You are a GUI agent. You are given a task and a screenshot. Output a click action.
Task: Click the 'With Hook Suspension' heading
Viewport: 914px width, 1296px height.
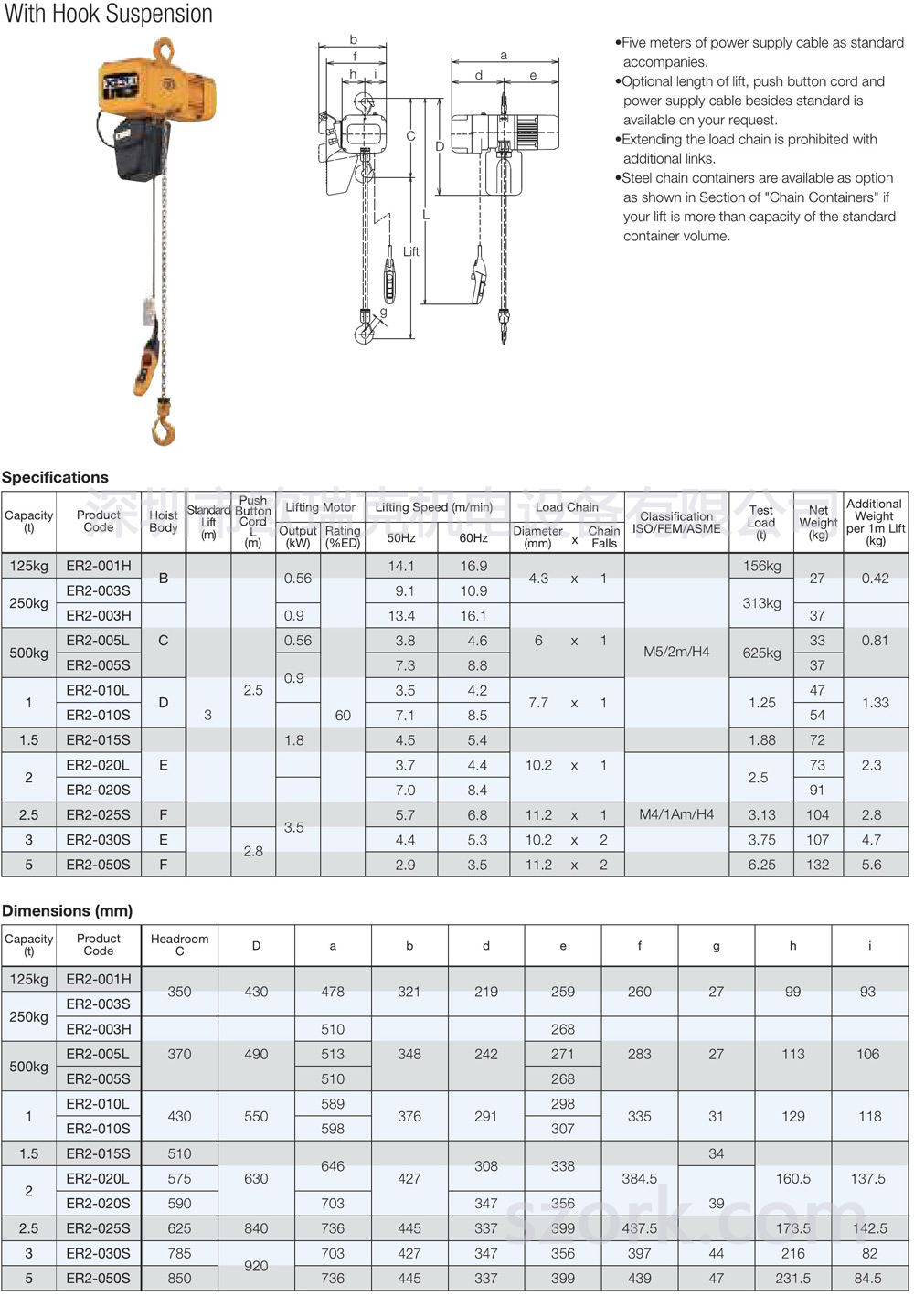click(x=109, y=15)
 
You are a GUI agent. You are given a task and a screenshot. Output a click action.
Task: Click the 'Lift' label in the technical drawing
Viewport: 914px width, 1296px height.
click(x=411, y=251)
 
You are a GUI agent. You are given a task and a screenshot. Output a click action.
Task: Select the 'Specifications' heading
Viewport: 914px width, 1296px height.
click(x=55, y=477)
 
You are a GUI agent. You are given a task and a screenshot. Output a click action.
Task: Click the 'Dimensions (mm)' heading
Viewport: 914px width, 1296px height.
click(x=67, y=910)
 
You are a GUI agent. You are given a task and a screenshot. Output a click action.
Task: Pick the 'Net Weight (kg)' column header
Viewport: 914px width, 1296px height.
click(x=818, y=523)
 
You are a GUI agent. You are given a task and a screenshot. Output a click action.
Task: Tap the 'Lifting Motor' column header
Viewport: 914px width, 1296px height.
click(x=320, y=507)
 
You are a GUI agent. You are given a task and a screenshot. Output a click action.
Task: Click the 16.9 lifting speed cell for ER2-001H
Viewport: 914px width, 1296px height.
click(x=473, y=566)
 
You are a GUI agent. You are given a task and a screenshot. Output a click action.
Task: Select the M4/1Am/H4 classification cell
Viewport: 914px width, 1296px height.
click(x=676, y=814)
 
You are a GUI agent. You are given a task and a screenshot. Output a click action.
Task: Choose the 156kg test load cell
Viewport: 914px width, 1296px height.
click(x=761, y=566)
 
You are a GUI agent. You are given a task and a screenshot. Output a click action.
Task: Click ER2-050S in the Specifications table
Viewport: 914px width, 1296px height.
click(x=98, y=865)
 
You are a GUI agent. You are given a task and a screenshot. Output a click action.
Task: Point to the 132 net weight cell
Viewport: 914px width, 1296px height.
click(x=817, y=865)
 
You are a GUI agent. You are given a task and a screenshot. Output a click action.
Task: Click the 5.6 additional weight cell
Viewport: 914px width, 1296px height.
click(x=872, y=865)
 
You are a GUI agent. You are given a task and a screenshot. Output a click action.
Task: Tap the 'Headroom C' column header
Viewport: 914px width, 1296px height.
click(x=179, y=945)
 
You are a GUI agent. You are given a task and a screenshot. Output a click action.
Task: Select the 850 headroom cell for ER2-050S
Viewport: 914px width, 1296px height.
click(x=179, y=1279)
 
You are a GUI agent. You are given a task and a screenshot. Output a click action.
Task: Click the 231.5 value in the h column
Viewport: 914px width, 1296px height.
click(x=793, y=1279)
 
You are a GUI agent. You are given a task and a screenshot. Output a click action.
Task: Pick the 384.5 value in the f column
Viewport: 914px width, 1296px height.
click(x=640, y=1179)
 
